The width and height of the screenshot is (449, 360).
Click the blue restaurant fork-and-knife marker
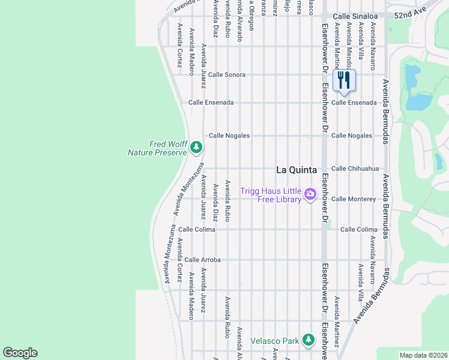point(344,80)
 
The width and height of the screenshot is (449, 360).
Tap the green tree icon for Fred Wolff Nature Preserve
point(196,147)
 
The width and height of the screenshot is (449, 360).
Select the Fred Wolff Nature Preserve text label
point(157,148)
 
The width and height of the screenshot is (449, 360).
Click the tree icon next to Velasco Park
point(308,340)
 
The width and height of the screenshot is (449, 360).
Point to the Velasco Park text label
point(274,341)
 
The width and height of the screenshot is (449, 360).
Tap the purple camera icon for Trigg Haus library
point(310,193)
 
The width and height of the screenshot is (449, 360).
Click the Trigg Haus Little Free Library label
point(271,195)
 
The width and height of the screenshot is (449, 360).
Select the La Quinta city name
point(296,170)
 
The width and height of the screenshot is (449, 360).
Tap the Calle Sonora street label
point(226,74)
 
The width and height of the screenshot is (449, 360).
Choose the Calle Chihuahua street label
point(355,169)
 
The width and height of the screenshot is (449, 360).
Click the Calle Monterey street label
point(353,199)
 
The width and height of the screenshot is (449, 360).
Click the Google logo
point(20,353)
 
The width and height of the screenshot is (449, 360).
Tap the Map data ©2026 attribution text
point(423,355)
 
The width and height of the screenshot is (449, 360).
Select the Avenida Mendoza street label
point(349,45)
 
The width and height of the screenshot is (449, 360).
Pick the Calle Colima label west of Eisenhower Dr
point(196,229)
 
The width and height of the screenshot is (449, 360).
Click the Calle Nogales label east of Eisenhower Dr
point(352,136)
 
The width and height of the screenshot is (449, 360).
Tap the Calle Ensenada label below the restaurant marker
point(354,103)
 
